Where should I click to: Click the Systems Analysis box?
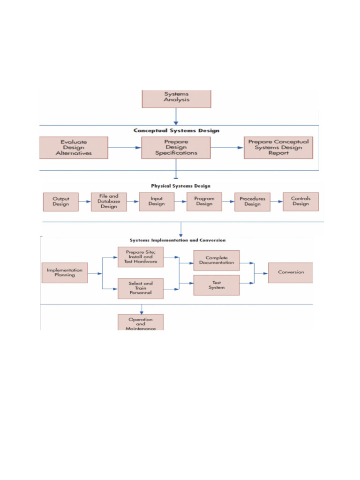click(176, 98)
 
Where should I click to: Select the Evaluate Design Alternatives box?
click(74, 147)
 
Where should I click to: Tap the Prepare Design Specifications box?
click(176, 147)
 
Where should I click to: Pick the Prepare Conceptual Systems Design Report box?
click(278, 147)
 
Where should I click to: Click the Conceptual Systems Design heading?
click(176, 131)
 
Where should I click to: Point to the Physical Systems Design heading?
click(180, 186)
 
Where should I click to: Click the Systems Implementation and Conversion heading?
click(178, 240)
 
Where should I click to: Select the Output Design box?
click(61, 202)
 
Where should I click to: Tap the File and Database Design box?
click(109, 202)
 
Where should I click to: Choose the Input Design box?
click(157, 202)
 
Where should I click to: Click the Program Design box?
click(204, 202)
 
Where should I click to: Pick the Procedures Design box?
click(252, 202)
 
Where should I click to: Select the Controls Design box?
click(300, 202)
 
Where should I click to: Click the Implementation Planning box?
click(65, 273)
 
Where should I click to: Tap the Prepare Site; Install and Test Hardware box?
click(140, 257)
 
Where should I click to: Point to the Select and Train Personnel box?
click(140, 289)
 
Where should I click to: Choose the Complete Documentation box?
click(217, 260)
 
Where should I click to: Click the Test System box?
click(217, 285)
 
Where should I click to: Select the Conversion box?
click(291, 272)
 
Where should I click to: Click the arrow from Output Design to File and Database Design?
click(85, 202)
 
